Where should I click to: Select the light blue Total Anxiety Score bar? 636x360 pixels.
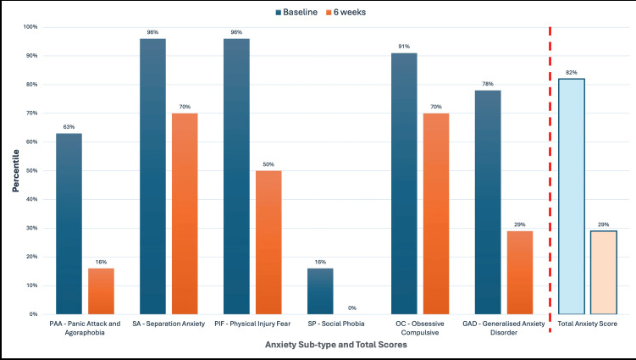[572, 196]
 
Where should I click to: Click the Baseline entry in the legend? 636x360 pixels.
[297, 13]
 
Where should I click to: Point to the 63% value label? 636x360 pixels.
[69, 127]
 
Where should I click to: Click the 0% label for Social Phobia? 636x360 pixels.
[353, 307]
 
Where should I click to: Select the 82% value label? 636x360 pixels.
[572, 73]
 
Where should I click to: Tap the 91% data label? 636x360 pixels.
[404, 47]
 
